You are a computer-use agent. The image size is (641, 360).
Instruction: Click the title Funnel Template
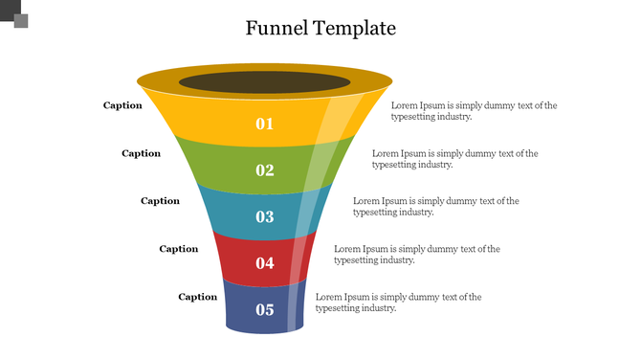pos(320,28)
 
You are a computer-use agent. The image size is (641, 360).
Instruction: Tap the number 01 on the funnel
pos(265,124)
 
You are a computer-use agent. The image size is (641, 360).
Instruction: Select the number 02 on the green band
pos(265,170)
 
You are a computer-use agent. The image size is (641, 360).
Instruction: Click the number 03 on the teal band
pos(265,217)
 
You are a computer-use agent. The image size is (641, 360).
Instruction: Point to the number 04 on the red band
pos(265,263)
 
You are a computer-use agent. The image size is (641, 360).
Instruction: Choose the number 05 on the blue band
pos(265,310)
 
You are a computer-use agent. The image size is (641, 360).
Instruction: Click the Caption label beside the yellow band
pos(122,105)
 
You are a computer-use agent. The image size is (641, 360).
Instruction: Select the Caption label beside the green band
pos(141,153)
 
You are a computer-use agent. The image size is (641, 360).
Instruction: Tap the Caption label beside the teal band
pos(160,201)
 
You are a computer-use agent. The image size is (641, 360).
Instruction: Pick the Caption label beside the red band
pos(178,249)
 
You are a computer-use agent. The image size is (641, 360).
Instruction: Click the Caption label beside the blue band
pos(197,297)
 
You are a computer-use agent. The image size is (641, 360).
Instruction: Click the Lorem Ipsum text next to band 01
pos(474,111)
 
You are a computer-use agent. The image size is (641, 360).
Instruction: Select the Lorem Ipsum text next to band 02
pos(454,159)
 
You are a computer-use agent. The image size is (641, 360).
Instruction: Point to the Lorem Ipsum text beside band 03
pos(435,207)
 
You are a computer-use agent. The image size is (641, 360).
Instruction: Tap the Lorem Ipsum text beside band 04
pos(416,255)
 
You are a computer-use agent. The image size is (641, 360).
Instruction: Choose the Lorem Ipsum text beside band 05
pos(398,303)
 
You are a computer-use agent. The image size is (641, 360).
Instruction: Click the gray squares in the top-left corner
pos(15,15)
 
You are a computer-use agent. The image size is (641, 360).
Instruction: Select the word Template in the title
pos(354,28)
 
